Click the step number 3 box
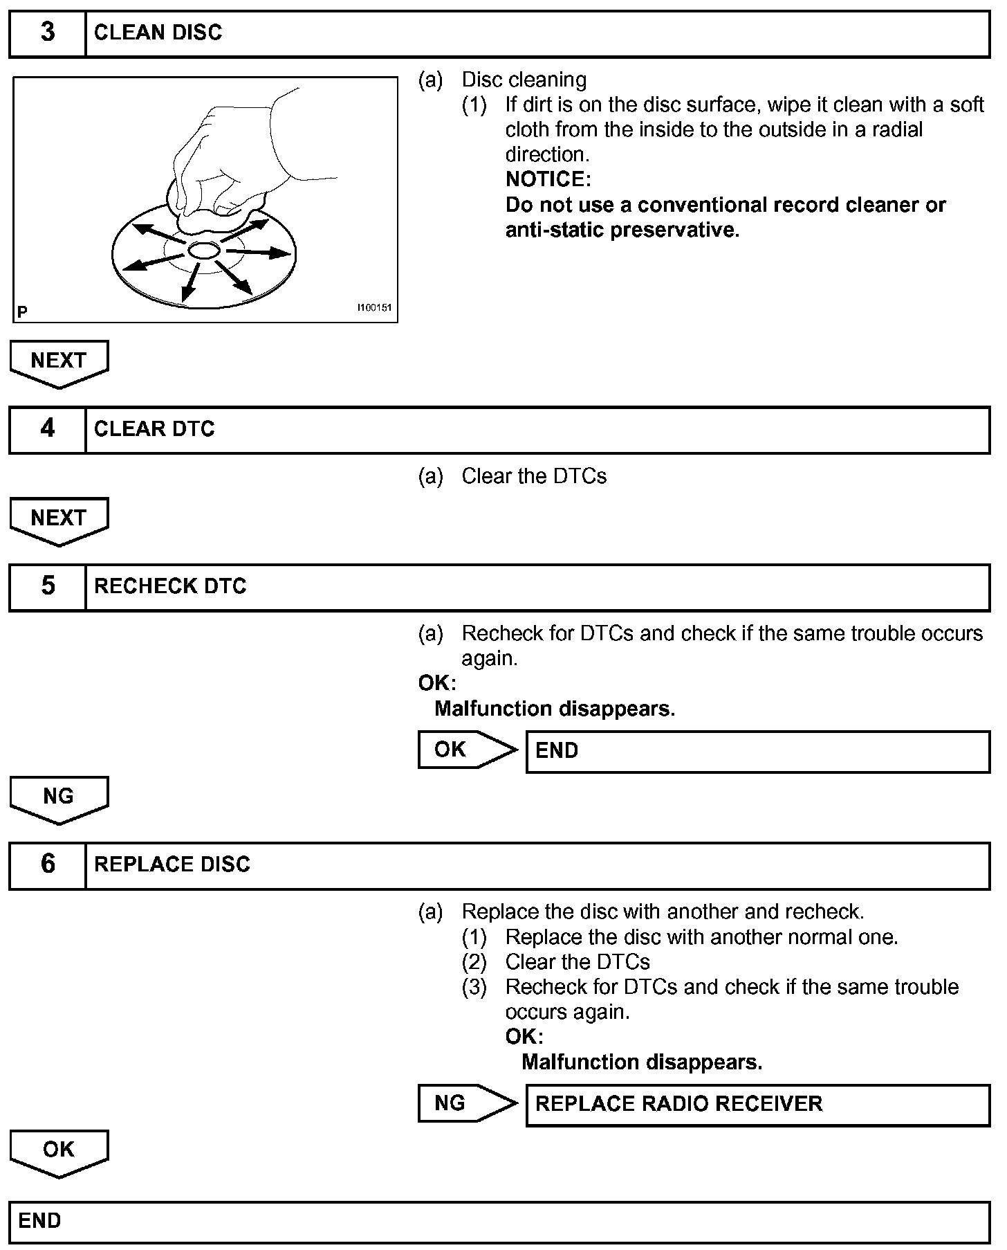coord(47,33)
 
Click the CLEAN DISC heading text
coord(158,33)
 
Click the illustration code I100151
coord(374,307)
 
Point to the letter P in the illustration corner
coord(23,312)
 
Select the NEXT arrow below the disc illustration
coord(59,362)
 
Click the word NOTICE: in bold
coord(548,179)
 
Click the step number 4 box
coord(47,429)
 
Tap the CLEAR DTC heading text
coord(154,429)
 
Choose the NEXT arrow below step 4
coord(59,519)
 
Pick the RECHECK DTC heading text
coord(170,586)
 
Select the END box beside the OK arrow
coord(757,751)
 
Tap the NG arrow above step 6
coord(59,798)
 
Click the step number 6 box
coord(47,864)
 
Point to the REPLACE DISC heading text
coord(172,864)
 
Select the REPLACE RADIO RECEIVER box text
coord(678,1104)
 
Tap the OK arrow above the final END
coord(59,1151)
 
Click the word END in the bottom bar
coord(39,1220)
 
